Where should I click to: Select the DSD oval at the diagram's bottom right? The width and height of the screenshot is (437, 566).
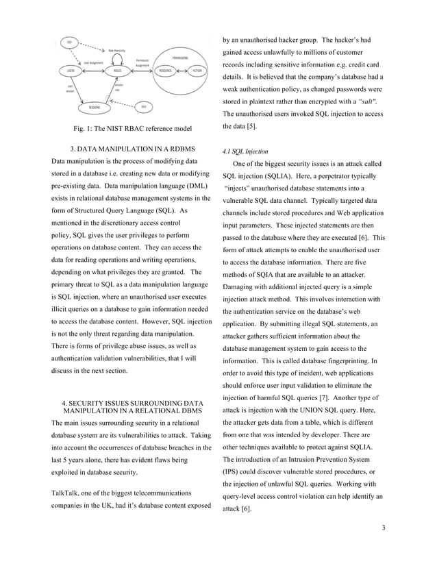(x=145, y=106)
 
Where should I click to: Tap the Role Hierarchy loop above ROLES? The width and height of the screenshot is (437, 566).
(x=117, y=51)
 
